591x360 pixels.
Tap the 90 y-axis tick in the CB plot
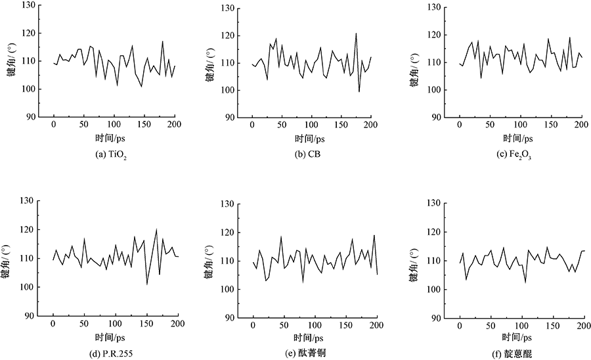pos(230,117)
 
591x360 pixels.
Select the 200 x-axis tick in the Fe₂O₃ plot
pos(580,125)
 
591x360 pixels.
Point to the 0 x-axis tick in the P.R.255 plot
pos(53,323)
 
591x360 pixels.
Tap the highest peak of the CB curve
pos(356,34)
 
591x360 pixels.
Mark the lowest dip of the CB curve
pos(359,91)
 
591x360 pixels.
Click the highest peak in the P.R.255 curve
pos(156,229)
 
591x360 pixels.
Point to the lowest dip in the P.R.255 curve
pos(147,284)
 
